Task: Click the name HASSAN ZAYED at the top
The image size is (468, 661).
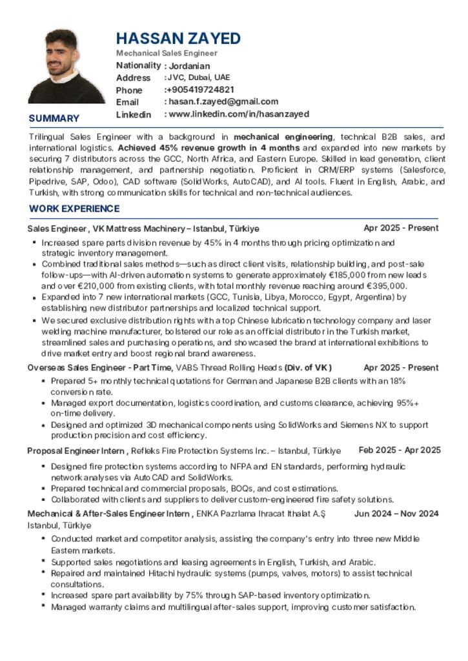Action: click(178, 38)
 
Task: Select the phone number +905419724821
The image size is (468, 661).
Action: click(201, 90)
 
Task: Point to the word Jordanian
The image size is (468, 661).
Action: click(189, 66)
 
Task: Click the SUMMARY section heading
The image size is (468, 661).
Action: click(54, 118)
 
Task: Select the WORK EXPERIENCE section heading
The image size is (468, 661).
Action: click(74, 208)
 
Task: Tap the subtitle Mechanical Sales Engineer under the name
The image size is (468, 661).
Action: click(167, 53)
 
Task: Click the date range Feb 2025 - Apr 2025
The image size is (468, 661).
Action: click(400, 450)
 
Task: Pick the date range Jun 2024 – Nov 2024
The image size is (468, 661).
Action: click(396, 514)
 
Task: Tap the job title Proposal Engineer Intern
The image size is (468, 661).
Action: click(76, 451)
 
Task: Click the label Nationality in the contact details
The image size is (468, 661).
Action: click(138, 65)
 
